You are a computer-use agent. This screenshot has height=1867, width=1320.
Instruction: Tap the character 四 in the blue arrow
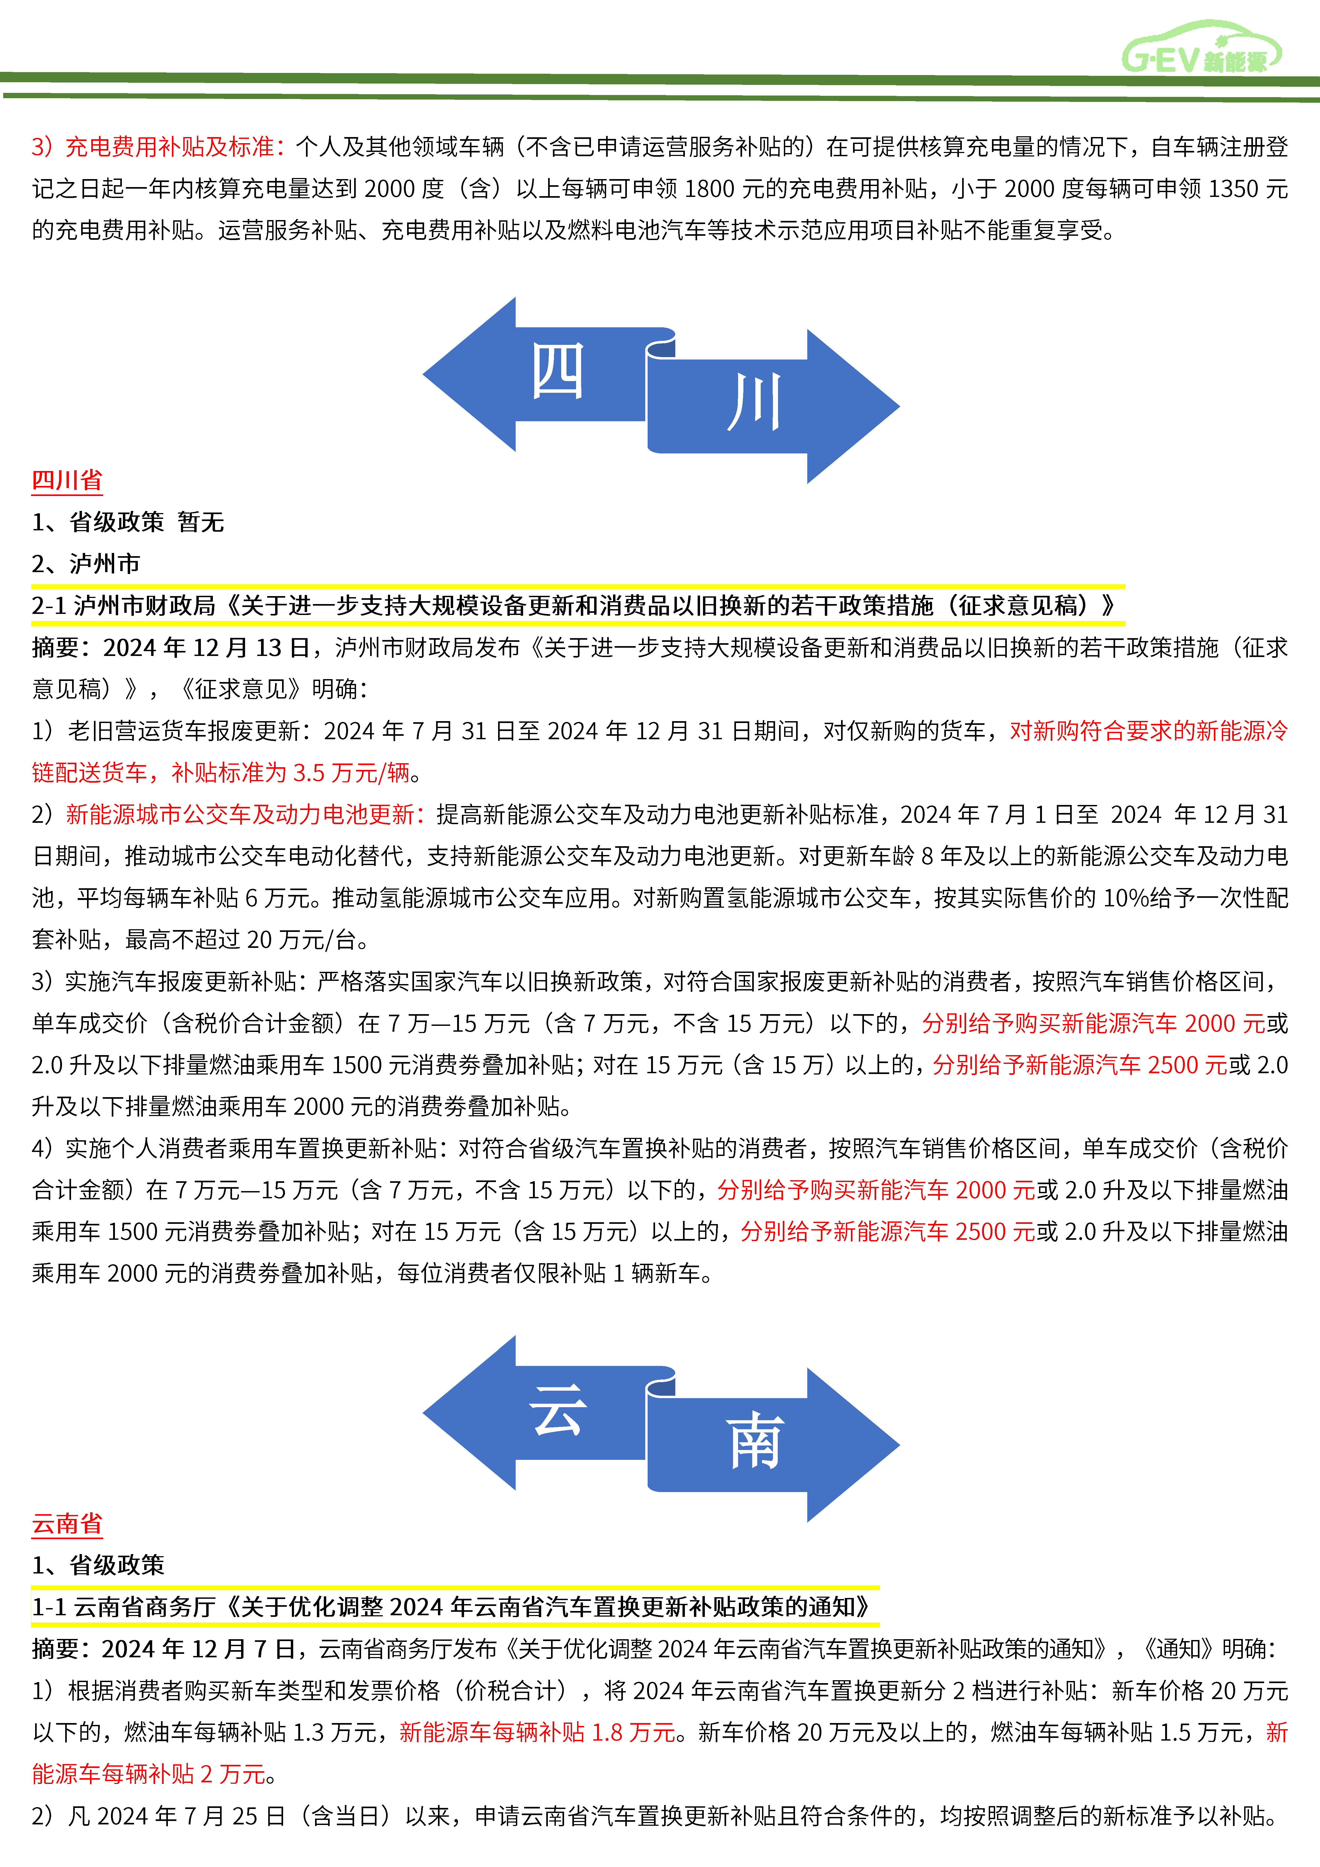tap(558, 371)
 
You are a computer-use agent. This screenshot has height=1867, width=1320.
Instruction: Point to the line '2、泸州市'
tap(85, 564)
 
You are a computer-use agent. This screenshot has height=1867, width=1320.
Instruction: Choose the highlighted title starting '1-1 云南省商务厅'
tap(451, 1607)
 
